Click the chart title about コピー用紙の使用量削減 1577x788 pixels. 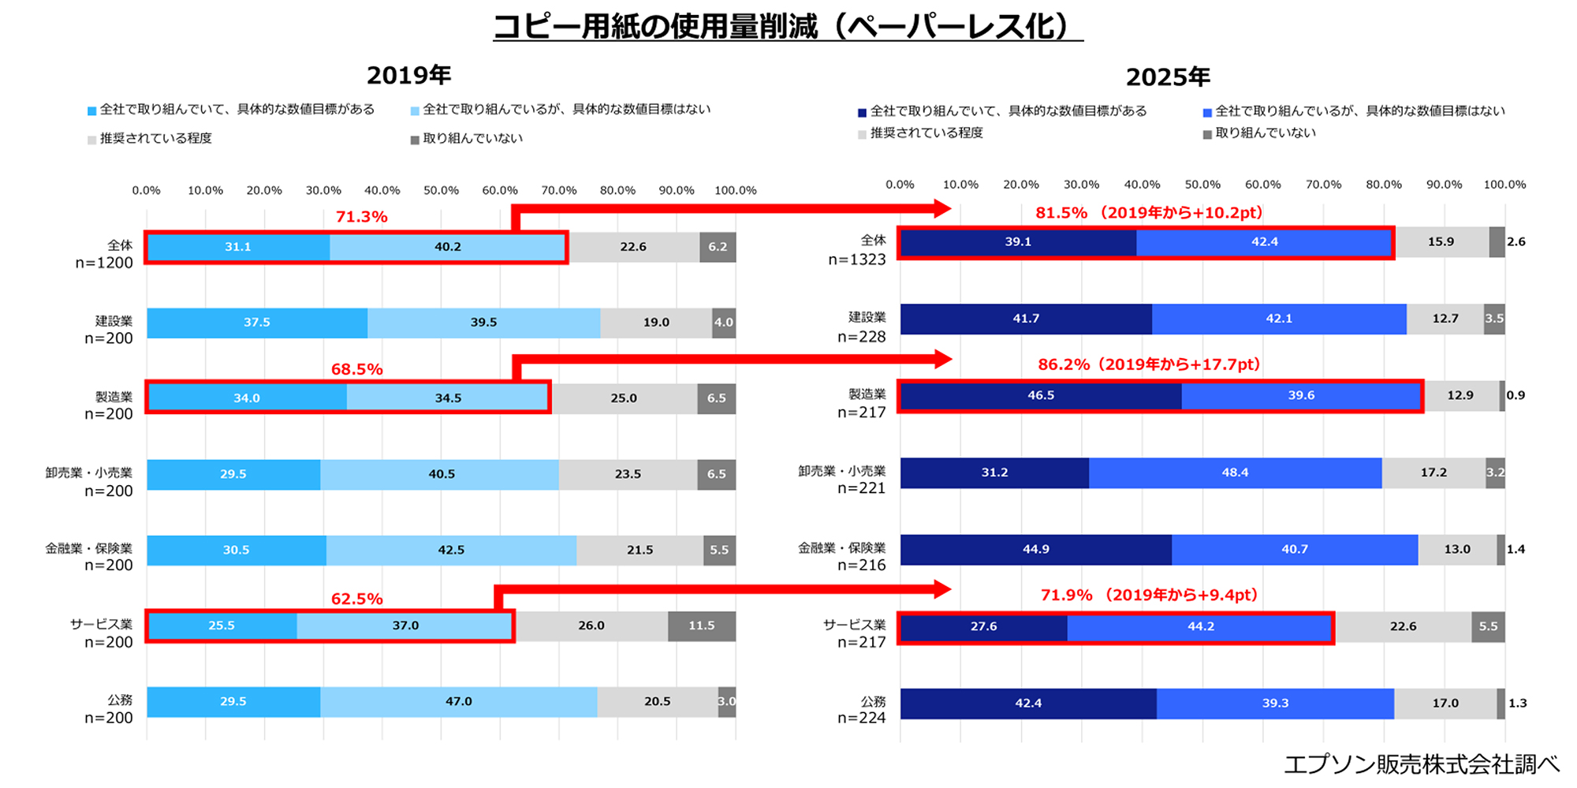pyautogui.click(x=788, y=27)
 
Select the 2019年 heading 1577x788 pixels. pyautogui.click(x=408, y=76)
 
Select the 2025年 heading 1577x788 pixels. pyautogui.click(x=1168, y=77)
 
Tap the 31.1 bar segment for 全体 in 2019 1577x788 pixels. pyautogui.click(x=238, y=247)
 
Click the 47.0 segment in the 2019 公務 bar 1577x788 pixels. pyautogui.click(x=458, y=701)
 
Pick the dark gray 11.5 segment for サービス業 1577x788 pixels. pyautogui.click(x=701, y=626)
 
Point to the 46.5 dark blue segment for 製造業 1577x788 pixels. pyautogui.click(x=1040, y=395)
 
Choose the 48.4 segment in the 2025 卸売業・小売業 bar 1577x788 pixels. pyautogui.click(x=1235, y=472)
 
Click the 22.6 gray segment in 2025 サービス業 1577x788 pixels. pyautogui.click(x=1403, y=626)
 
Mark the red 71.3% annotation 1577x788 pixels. pyautogui.click(x=361, y=217)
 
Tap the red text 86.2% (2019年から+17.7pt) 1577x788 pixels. pyautogui.click(x=1149, y=364)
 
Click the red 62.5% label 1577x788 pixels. pyautogui.click(x=356, y=599)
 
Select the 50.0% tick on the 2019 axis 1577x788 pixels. pyautogui.click(x=441, y=191)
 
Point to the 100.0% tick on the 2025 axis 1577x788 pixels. pyautogui.click(x=1504, y=185)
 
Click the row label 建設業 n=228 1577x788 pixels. pyautogui.click(x=863, y=327)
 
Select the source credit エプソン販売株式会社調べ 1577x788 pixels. pyautogui.click(x=1421, y=764)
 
